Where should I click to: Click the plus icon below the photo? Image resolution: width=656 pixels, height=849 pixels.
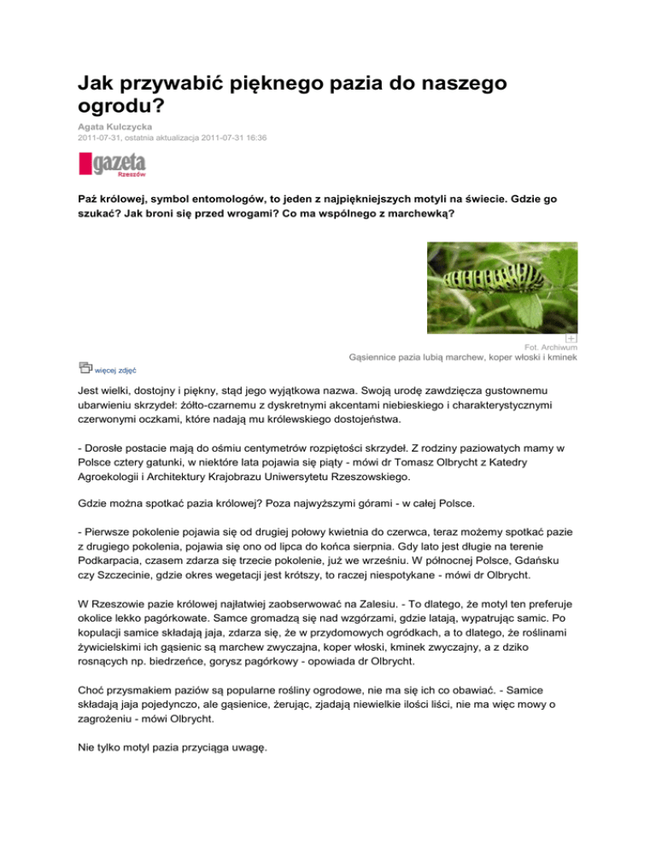[x=571, y=339]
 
